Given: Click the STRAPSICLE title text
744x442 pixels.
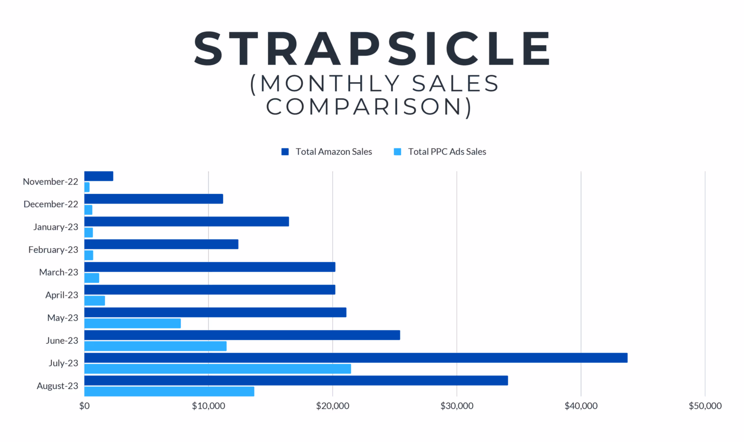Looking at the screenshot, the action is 372,48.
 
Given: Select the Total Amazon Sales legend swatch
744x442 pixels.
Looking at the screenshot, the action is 285,152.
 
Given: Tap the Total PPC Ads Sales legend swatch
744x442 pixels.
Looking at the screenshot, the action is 397,152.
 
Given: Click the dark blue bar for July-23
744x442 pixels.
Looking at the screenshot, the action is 356,358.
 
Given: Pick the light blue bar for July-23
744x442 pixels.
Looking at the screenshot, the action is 218,369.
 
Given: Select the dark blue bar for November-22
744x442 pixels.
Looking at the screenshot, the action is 99,176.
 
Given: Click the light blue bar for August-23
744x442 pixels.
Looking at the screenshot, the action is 169,391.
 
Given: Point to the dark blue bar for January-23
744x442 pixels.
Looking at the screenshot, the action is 187,221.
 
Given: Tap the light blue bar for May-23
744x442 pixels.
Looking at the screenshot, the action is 133,323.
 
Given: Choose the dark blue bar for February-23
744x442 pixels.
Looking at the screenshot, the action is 161,244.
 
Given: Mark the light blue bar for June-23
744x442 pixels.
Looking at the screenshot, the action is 155,346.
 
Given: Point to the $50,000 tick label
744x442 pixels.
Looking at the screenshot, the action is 705,406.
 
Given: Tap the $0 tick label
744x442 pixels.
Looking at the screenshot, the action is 84,406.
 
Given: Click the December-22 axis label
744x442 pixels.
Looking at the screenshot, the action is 51,204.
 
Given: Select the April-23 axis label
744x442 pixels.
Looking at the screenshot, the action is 62,295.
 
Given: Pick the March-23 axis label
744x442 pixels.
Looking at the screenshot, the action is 59,272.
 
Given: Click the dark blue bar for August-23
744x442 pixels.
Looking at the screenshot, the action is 296,380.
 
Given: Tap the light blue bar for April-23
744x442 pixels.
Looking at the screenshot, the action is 95,301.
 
